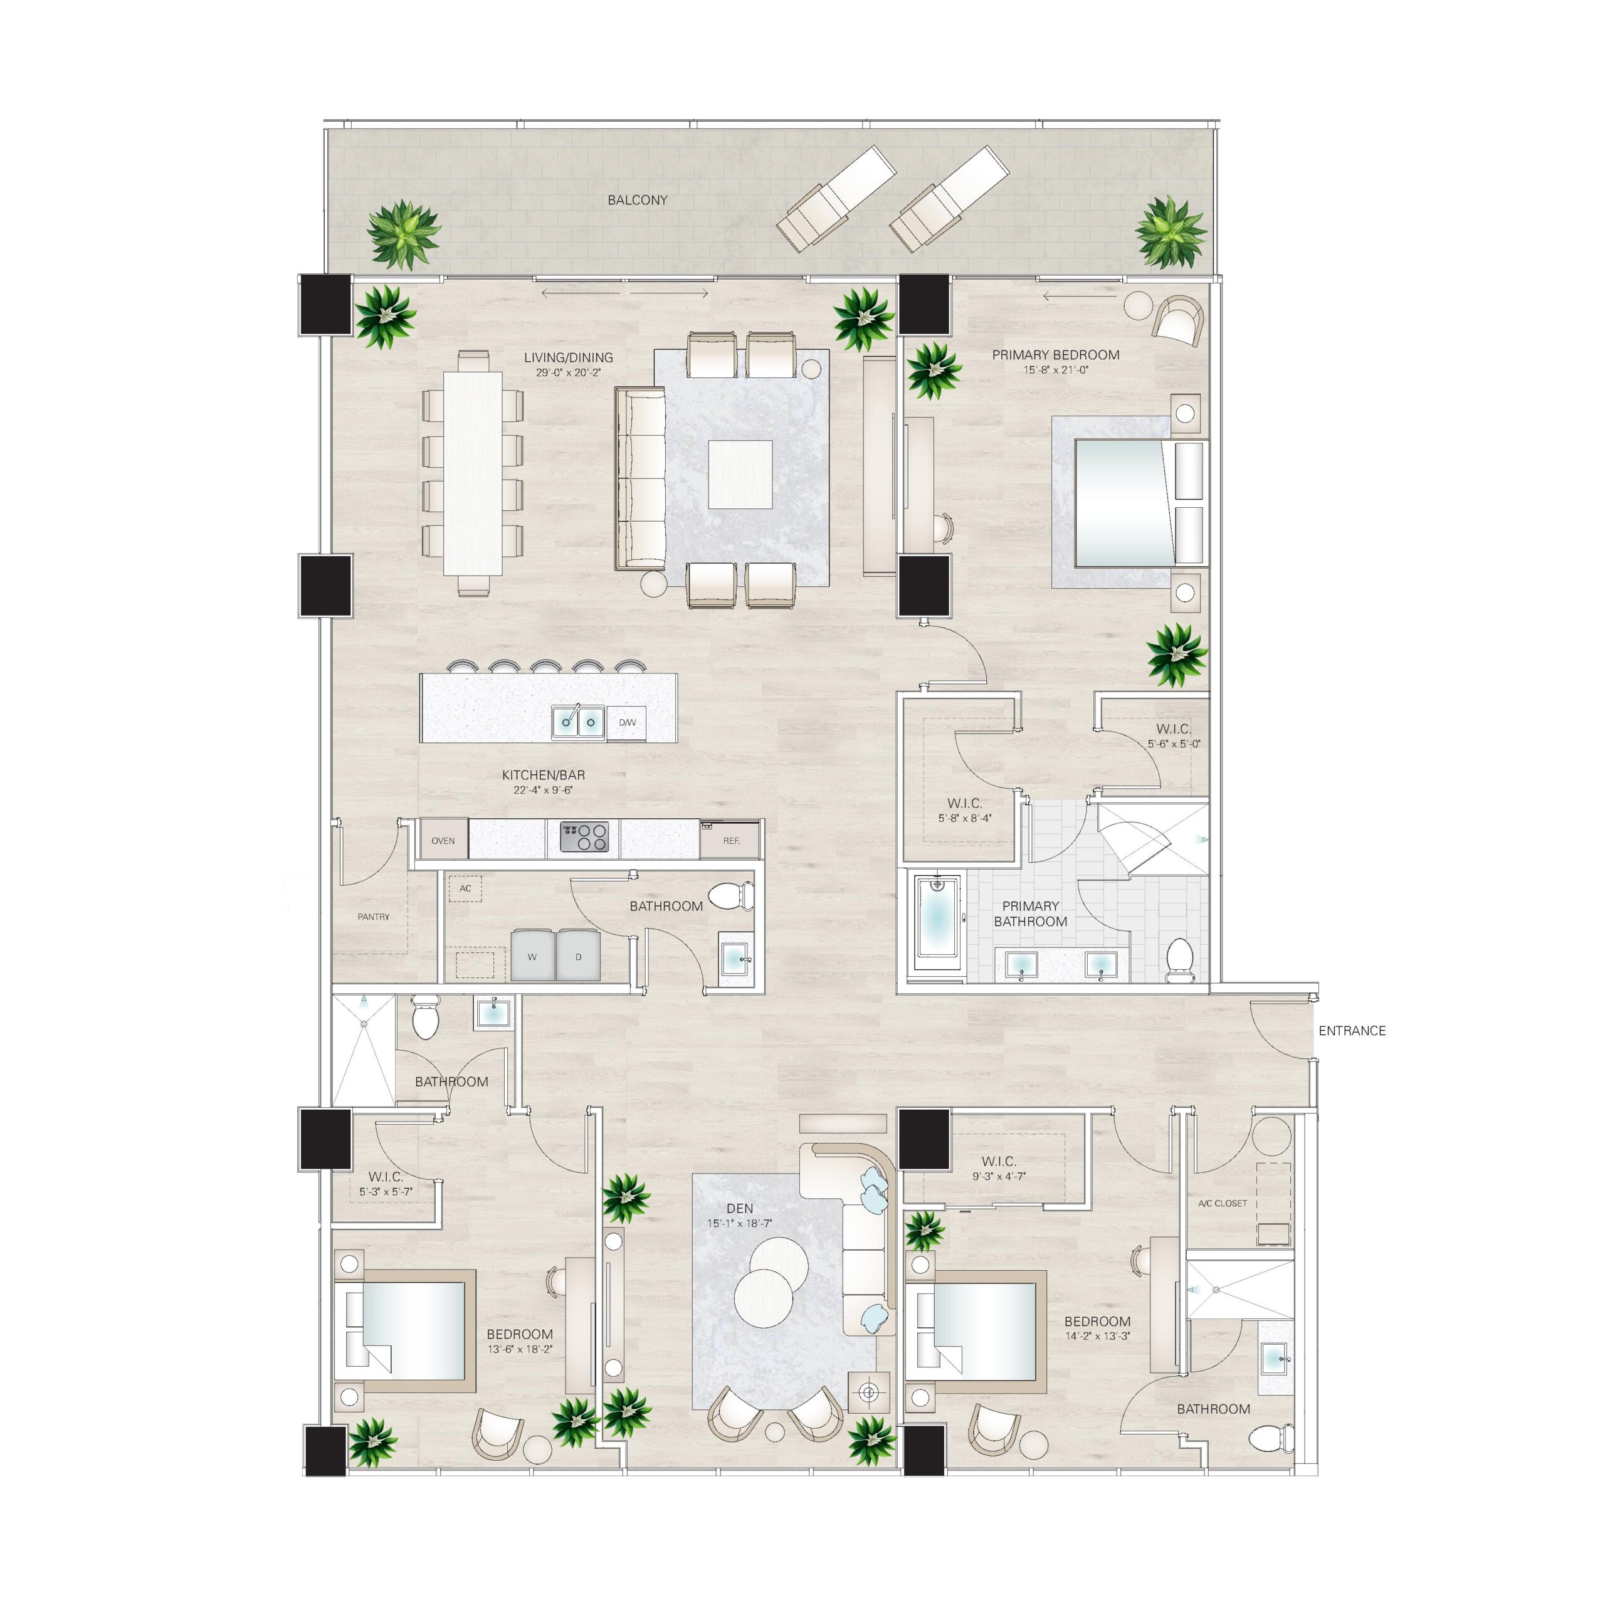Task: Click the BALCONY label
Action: pyautogui.click(x=637, y=200)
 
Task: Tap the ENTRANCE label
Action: pyautogui.click(x=1352, y=1031)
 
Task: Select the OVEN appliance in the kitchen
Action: pyautogui.click(x=443, y=840)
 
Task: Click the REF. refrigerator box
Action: pyautogui.click(x=730, y=840)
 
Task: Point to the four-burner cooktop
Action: pyautogui.click(x=584, y=836)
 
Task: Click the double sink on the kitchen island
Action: pyautogui.click(x=578, y=722)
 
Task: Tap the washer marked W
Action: pyautogui.click(x=532, y=955)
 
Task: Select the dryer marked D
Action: pyautogui.click(x=578, y=955)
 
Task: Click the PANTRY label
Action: pyautogui.click(x=373, y=917)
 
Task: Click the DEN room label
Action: pyautogui.click(x=739, y=1209)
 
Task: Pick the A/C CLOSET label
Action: pyautogui.click(x=1222, y=1203)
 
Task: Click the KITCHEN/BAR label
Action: pyautogui.click(x=544, y=775)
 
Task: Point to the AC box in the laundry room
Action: pyautogui.click(x=465, y=888)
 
